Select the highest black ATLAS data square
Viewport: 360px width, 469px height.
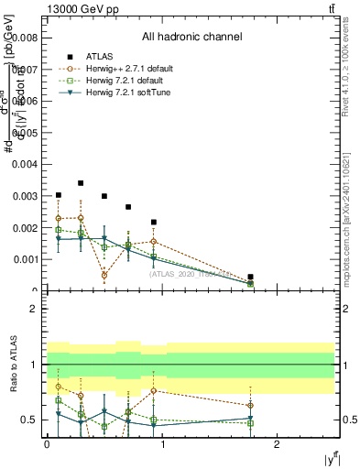pos(81,183)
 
